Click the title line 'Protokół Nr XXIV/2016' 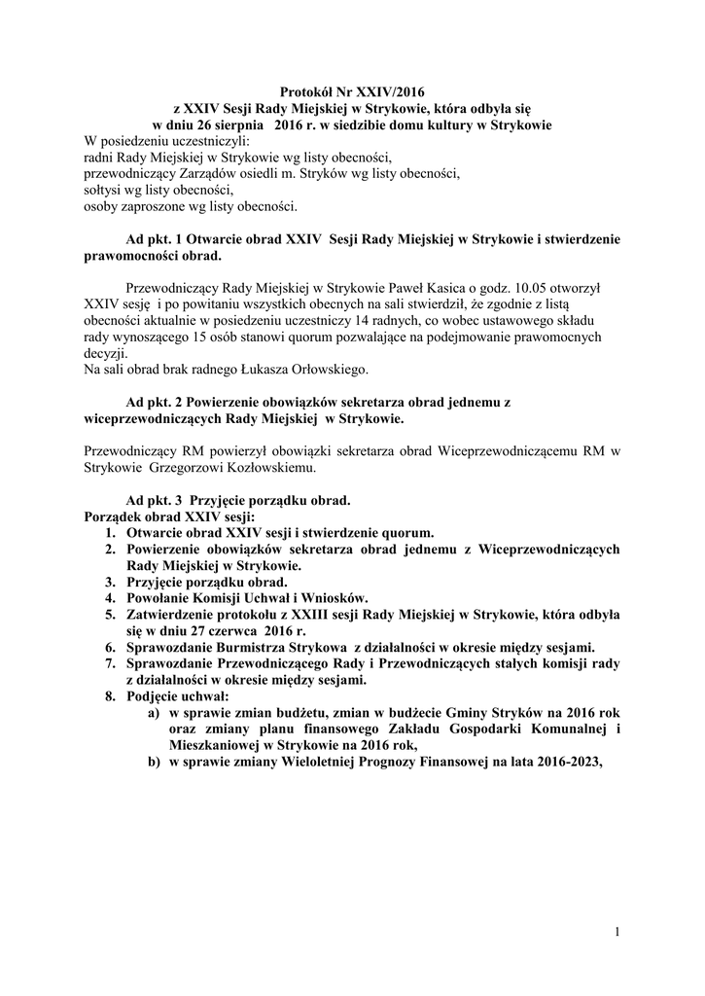click(352, 94)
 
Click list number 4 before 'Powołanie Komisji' click(111, 598)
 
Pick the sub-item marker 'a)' click(154, 713)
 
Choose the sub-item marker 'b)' click(154, 763)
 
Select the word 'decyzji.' click(107, 353)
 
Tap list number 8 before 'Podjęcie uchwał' click(111, 696)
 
